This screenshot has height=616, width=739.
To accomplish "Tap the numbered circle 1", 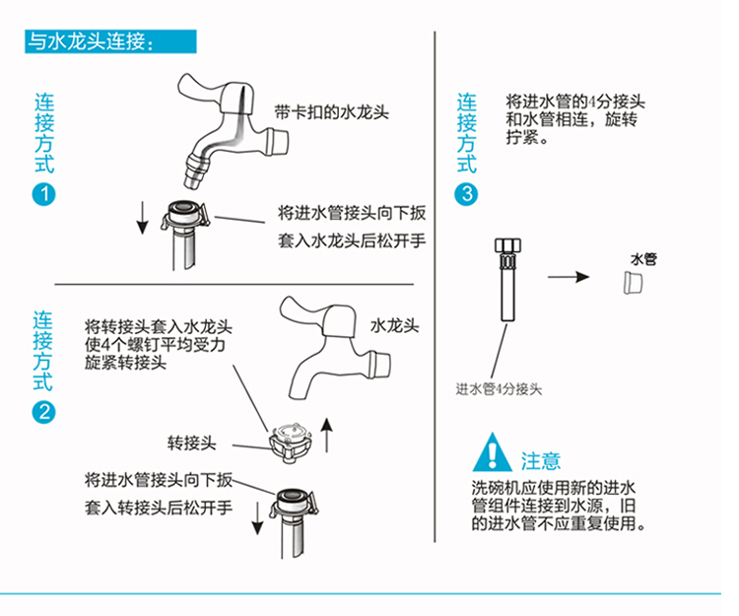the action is pos(44,194).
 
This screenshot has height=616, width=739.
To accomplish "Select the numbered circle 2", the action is pos(44,413).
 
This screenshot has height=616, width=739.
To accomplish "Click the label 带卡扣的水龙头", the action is pos(332,112).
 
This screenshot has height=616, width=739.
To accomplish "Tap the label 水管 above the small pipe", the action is pos(643,259).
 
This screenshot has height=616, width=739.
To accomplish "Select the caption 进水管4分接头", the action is pos(499,388).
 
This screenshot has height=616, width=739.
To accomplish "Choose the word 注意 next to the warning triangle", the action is pos(541,460).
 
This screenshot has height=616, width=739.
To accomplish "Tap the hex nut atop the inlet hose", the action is pos(506,246).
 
